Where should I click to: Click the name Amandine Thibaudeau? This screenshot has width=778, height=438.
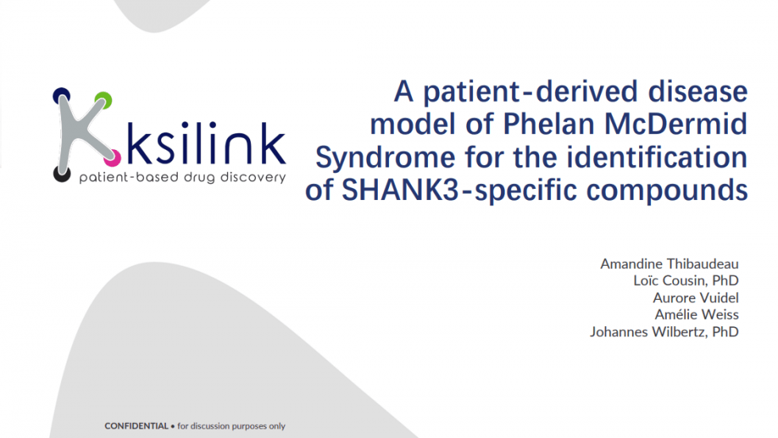669,263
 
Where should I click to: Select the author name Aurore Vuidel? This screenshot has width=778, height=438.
695,298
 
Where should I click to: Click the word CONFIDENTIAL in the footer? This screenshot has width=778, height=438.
136,426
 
